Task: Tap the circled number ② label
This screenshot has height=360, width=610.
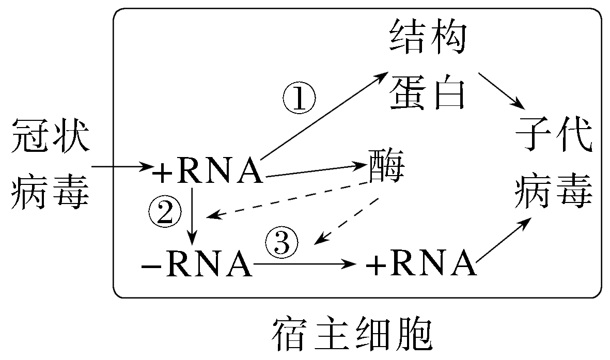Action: pyautogui.click(x=165, y=212)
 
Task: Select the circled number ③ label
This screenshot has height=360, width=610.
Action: pyautogui.click(x=282, y=243)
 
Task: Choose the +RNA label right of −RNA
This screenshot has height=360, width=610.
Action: pyautogui.click(x=420, y=264)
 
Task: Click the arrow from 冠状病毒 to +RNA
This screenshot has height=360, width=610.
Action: pyautogui.click(x=122, y=167)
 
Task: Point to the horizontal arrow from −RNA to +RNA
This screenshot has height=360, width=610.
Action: pyautogui.click(x=305, y=264)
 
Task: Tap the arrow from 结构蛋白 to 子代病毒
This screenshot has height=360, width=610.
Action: pyautogui.click(x=501, y=91)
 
